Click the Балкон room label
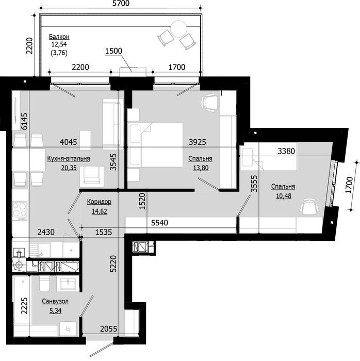59,37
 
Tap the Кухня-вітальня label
69,159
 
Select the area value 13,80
203,168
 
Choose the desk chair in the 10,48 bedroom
309,207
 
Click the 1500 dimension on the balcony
113,51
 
